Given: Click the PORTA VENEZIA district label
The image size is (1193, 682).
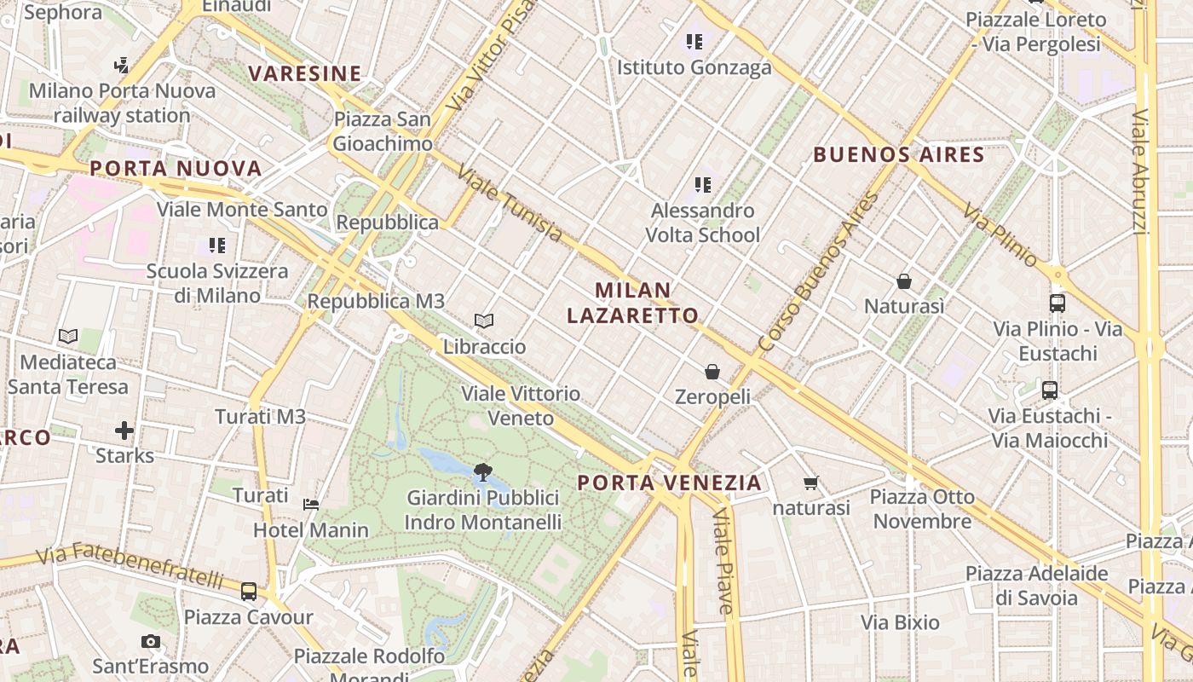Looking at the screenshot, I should point(670,483).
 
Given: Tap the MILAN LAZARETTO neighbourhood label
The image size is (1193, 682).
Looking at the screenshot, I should point(632,303).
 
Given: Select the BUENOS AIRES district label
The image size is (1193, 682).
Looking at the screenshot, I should point(899,155).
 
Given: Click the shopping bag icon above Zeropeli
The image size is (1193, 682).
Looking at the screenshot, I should point(712,372).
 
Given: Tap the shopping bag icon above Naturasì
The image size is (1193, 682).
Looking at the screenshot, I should point(904,280).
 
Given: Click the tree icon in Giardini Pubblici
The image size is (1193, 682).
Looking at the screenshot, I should point(482,471).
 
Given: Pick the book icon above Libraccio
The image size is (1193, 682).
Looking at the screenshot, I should point(484,321).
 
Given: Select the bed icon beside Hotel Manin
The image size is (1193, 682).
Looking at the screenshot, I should point(311,504).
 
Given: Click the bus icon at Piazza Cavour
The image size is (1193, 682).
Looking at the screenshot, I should point(249,591).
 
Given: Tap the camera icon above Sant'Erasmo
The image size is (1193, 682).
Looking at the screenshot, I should point(151,641).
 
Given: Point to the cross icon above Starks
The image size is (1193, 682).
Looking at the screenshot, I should point(124,430).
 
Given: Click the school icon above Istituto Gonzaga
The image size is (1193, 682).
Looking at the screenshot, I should point(694,41).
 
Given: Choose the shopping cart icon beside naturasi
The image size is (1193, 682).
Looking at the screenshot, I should point(811,483).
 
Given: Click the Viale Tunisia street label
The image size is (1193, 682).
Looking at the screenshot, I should point(510,204).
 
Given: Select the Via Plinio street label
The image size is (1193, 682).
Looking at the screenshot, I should point(1000,235).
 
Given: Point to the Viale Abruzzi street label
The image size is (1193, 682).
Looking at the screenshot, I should point(1143,170).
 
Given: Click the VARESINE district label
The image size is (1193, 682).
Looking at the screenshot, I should point(305,73).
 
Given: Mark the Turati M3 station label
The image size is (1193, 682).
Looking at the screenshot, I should point(260,417).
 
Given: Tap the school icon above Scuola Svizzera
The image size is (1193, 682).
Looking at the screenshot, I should point(217,246).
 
